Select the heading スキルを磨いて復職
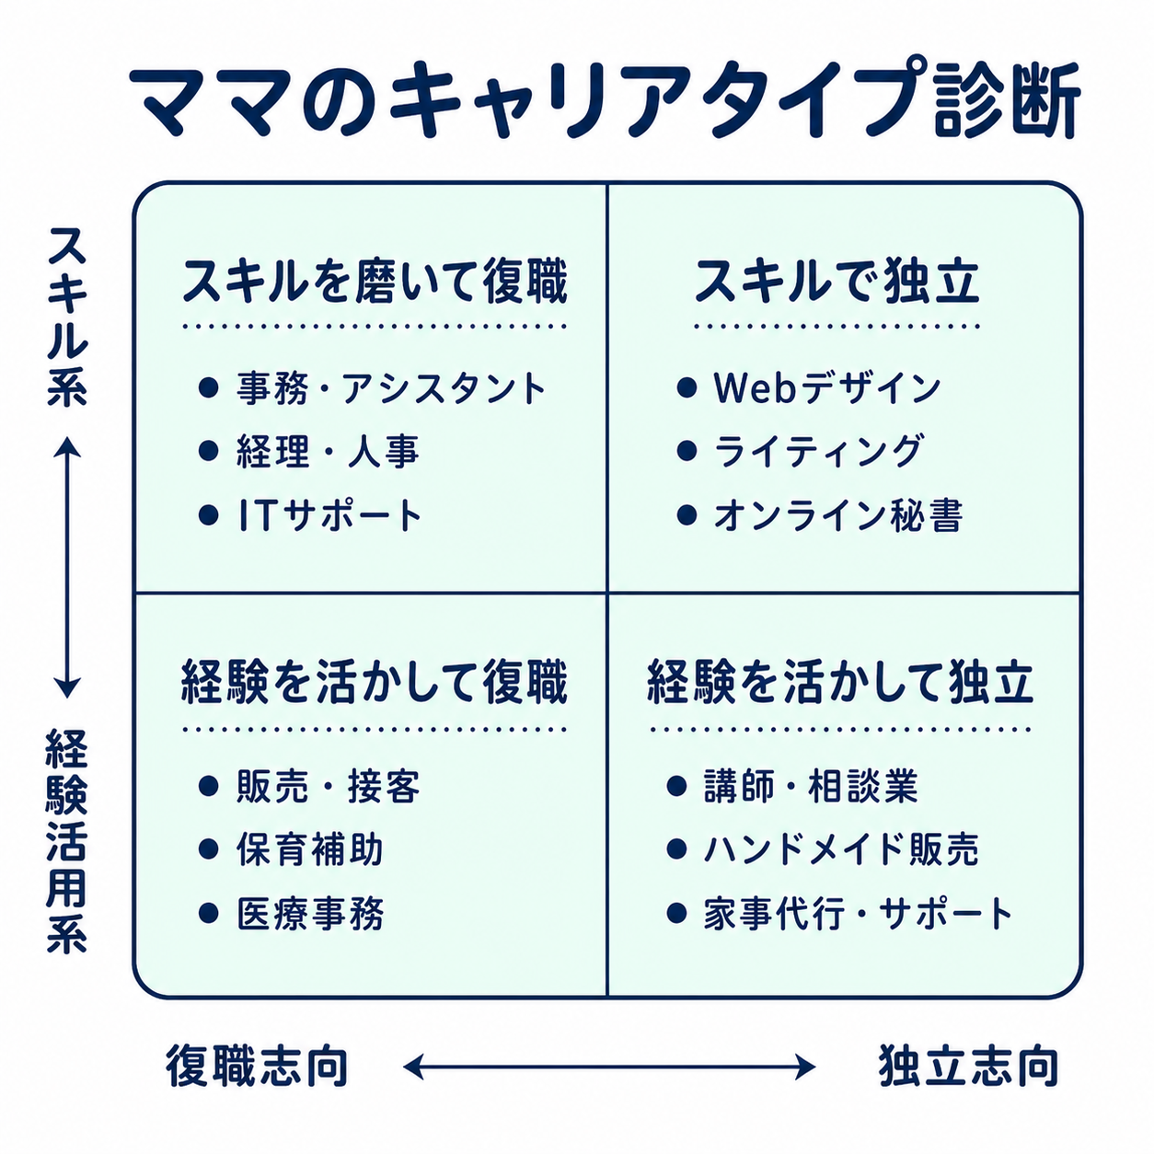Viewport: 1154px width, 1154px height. (x=375, y=281)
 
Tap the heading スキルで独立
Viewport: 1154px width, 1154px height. (x=837, y=281)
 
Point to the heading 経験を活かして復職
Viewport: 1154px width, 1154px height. (x=375, y=682)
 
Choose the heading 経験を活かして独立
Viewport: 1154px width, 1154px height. (x=840, y=682)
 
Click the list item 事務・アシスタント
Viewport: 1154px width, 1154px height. (x=391, y=388)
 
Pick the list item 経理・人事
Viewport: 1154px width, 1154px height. (x=328, y=452)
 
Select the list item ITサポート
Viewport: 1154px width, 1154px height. (x=329, y=515)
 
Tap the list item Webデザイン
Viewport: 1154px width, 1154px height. (x=826, y=388)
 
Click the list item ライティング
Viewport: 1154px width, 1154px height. (x=817, y=452)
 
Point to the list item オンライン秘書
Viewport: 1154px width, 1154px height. (x=837, y=515)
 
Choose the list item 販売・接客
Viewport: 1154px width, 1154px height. (x=328, y=787)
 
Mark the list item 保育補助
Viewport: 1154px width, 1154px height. (x=309, y=850)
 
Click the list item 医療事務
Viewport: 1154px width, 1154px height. (x=309, y=914)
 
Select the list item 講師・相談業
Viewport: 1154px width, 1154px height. (x=811, y=787)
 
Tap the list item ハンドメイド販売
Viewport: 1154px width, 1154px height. (x=841, y=850)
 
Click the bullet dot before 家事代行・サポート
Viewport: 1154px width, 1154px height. (x=677, y=914)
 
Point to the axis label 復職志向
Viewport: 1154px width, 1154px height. (x=258, y=1067)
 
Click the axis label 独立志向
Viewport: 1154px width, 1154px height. (x=968, y=1067)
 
